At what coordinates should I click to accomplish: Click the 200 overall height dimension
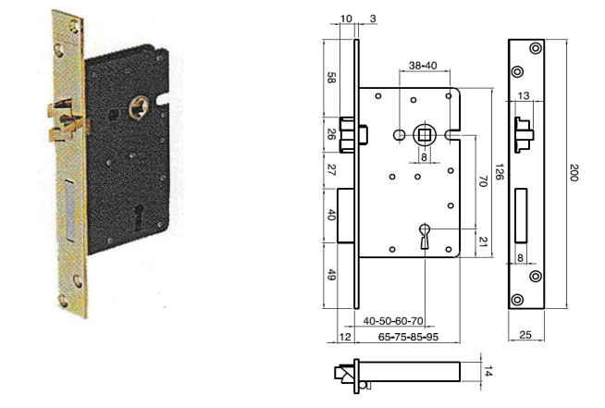(574, 172)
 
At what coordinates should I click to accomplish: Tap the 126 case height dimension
(500, 172)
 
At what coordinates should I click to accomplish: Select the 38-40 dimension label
(424, 66)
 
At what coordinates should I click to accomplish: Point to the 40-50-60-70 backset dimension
(393, 321)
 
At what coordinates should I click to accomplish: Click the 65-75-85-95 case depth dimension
(408, 337)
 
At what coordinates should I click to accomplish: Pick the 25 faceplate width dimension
(525, 335)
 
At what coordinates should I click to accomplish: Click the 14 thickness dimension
(488, 372)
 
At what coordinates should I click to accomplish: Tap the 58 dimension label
(331, 78)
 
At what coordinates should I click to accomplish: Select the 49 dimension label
(331, 275)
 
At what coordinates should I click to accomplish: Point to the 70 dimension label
(483, 181)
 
